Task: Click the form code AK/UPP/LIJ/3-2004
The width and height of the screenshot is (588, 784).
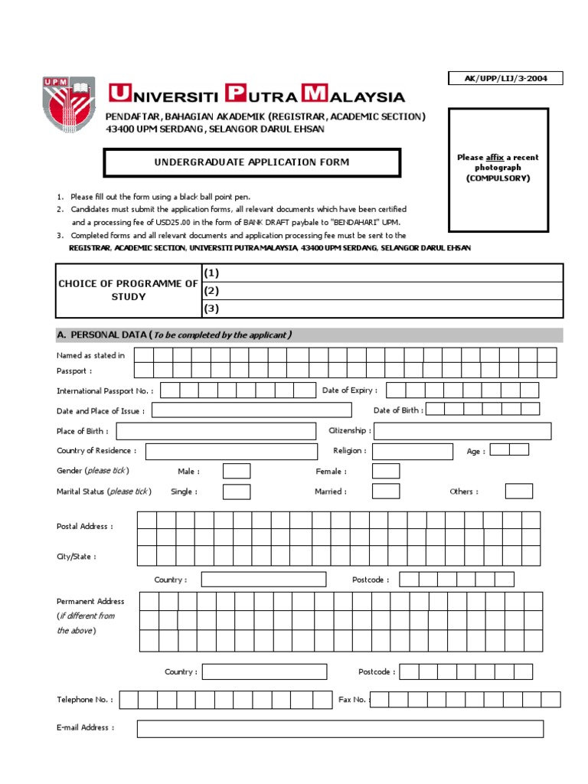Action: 505,78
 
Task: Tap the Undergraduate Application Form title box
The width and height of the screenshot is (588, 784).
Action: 252,162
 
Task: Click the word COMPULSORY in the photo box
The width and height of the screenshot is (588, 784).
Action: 498,178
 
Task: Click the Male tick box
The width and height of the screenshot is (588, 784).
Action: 236,471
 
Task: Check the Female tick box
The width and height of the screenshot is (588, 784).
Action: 385,471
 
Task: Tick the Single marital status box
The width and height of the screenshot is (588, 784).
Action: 236,492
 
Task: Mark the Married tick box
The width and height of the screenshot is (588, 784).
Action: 385,492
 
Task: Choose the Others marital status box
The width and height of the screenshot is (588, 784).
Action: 518,492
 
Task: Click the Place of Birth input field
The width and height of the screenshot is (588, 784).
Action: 215,431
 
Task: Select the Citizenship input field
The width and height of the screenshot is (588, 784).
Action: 462,431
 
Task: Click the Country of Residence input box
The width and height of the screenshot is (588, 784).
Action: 231,451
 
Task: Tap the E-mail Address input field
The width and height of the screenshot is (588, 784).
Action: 340,728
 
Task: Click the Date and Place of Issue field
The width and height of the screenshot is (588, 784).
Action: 251,410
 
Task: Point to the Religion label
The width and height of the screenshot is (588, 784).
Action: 350,451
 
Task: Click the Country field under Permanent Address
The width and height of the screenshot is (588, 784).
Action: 264,671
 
